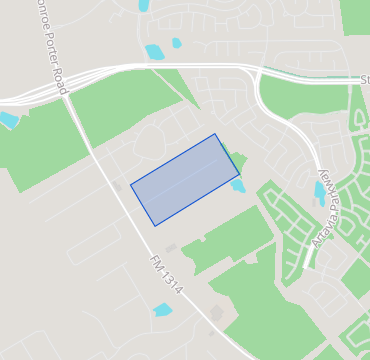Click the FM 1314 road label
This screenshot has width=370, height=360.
point(167,274)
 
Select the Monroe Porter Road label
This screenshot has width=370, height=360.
point(49,45)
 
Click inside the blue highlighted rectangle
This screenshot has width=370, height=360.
point(185,180)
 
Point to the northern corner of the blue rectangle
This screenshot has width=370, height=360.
point(215,134)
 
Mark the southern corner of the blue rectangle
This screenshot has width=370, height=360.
point(155,226)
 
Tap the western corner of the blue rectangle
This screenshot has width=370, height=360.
point(131,184)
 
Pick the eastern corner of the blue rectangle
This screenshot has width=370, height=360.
point(240,175)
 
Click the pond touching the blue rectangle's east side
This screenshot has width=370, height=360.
point(238,187)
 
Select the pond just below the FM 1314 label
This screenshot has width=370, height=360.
point(162,310)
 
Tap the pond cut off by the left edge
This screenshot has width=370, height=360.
point(8,120)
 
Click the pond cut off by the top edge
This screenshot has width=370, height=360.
point(144,5)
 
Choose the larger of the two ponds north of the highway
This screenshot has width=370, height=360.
point(154,51)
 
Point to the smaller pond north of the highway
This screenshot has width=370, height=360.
point(177,43)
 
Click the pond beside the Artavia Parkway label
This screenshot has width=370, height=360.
point(319,192)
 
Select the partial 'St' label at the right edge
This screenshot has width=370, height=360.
point(364,79)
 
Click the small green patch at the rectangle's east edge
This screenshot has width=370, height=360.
point(237,160)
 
